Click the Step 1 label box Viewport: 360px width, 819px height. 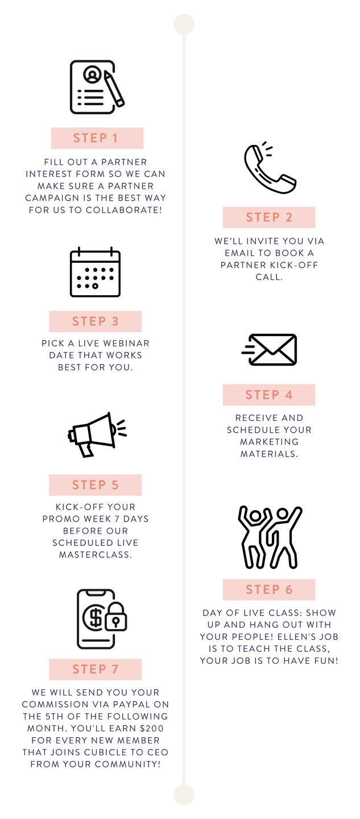coord(97,138)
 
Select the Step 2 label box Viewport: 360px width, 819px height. coord(269,217)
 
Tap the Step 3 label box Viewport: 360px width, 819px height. coord(95,321)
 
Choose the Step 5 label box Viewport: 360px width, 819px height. coord(95,485)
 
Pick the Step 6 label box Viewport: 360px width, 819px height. coord(269,590)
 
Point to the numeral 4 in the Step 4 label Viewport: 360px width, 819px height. coord(289,395)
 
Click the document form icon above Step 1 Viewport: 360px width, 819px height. coord(93,87)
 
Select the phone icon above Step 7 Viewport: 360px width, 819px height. coord(97,619)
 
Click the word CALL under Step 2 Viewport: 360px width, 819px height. coord(269,277)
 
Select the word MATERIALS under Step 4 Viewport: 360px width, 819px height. coord(269,454)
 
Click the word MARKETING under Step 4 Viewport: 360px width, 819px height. coord(269,442)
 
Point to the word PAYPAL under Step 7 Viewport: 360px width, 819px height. coord(123,705)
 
